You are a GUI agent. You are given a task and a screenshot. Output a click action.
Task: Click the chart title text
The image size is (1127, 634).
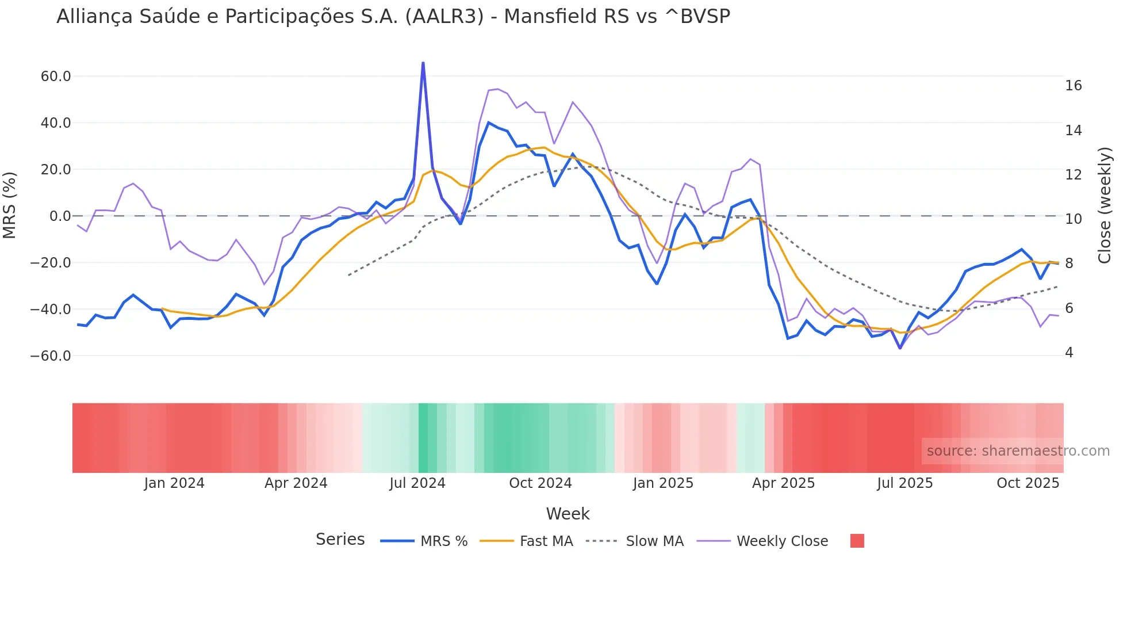pyautogui.click(x=393, y=17)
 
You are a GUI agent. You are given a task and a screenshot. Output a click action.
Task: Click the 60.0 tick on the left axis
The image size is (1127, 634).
pyautogui.click(x=56, y=77)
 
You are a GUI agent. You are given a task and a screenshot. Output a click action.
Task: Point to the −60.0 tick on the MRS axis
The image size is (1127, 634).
pyautogui.click(x=51, y=356)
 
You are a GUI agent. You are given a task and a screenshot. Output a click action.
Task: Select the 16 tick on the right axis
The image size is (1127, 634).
pyautogui.click(x=1073, y=86)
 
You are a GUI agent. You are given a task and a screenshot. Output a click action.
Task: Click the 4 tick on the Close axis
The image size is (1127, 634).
pyautogui.click(x=1069, y=353)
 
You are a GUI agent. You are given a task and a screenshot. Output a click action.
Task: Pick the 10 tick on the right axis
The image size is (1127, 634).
pyautogui.click(x=1073, y=219)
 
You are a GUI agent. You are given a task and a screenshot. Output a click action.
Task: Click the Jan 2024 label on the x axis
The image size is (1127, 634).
pyautogui.click(x=174, y=483)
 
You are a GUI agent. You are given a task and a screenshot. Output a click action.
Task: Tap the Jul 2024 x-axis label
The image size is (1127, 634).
pyautogui.click(x=417, y=483)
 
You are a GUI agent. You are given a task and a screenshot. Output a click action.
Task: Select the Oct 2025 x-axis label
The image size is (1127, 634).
pyautogui.click(x=1028, y=483)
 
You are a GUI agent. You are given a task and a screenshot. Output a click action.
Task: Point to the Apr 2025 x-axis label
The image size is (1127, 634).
pyautogui.click(x=783, y=483)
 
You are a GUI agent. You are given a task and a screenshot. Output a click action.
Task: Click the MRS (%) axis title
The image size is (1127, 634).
pyautogui.click(x=10, y=205)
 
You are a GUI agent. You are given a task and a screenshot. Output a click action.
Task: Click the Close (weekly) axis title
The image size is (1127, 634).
pyautogui.click(x=1104, y=205)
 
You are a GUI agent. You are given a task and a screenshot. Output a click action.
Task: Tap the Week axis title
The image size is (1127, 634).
pyautogui.click(x=568, y=514)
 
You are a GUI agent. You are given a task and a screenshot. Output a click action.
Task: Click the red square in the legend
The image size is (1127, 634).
pyautogui.click(x=857, y=541)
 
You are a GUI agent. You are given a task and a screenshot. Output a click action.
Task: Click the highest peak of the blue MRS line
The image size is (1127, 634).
pyautogui.click(x=423, y=63)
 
